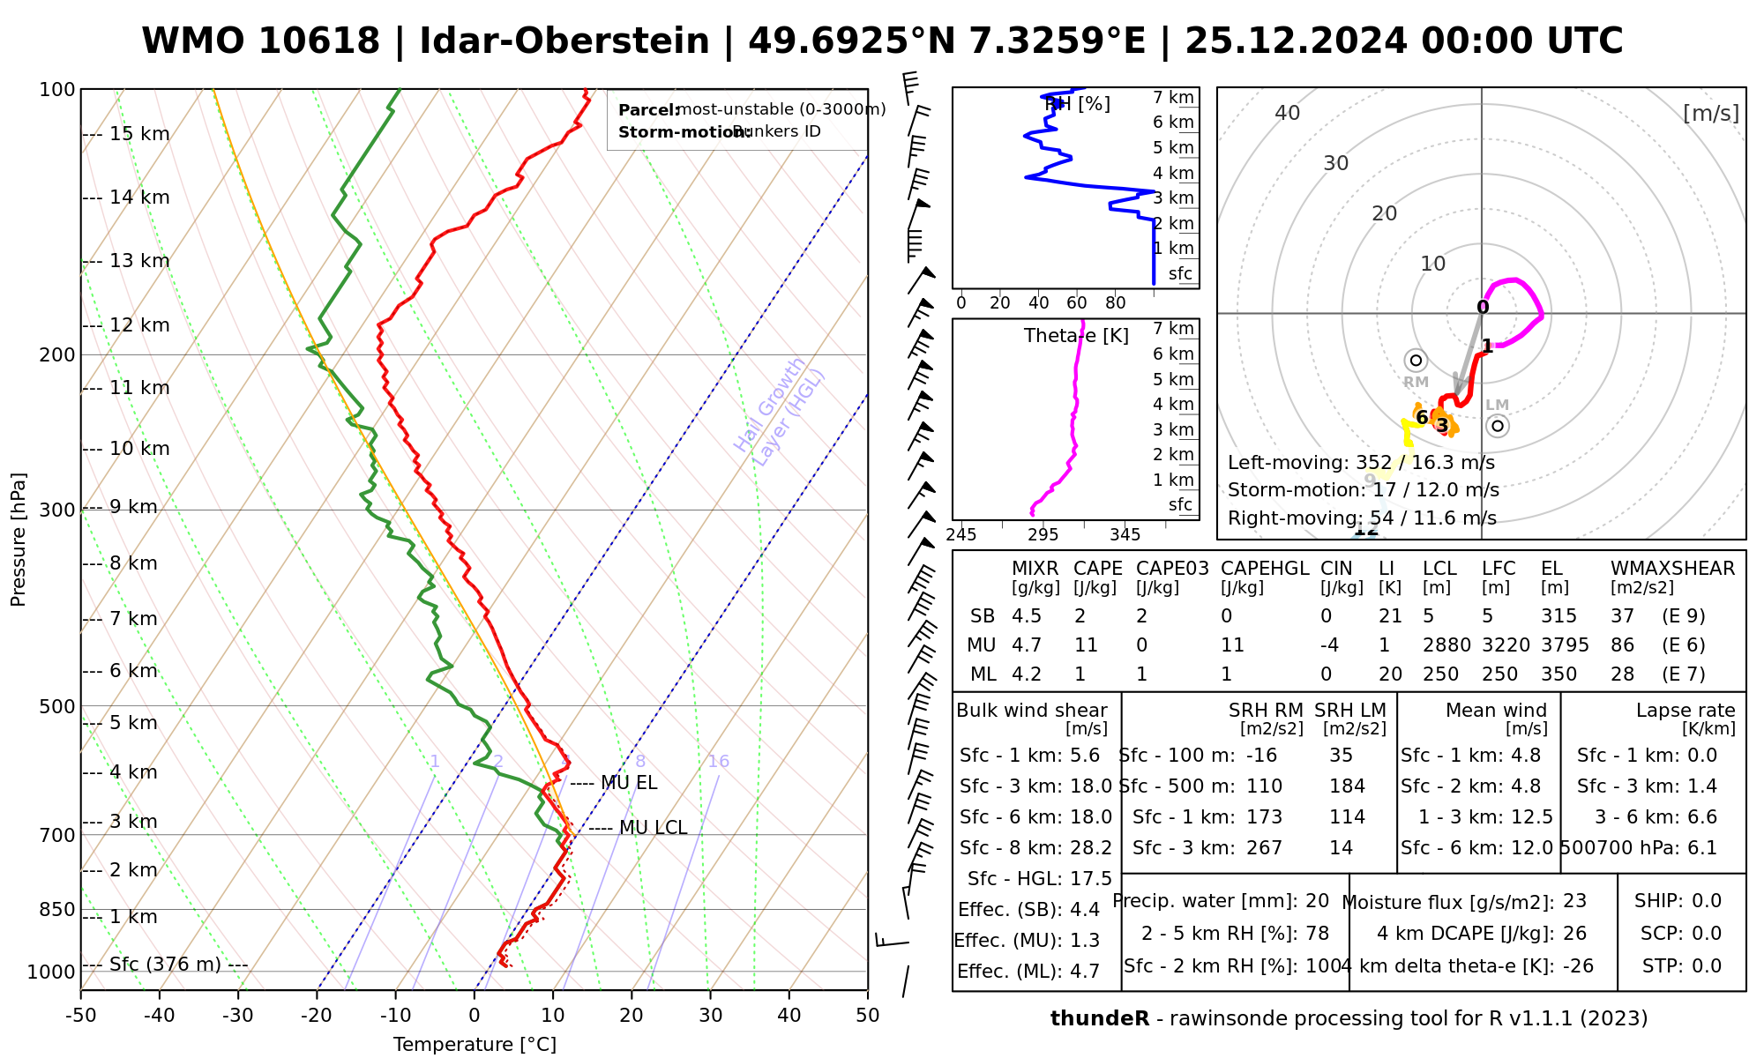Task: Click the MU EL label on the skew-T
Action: [x=629, y=783]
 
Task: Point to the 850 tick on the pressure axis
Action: [x=58, y=909]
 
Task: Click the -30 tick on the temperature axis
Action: [x=238, y=1016]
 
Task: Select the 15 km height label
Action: [x=139, y=134]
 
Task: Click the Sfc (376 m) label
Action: [x=165, y=965]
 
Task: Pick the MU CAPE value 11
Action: [x=1086, y=645]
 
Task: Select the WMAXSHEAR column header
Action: [x=1672, y=569]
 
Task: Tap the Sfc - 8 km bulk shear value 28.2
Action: [x=1091, y=848]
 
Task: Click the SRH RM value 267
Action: [x=1264, y=848]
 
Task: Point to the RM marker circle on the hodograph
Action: [x=1416, y=360]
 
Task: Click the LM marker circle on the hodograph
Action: [x=1497, y=426]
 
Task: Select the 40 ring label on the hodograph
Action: [x=1288, y=113]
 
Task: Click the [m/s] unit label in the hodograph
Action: [x=1710, y=114]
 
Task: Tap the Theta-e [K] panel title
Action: [x=1076, y=336]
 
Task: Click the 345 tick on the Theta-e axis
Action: [x=1125, y=535]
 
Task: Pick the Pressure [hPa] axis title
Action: [x=19, y=540]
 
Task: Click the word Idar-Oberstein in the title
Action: [x=564, y=41]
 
